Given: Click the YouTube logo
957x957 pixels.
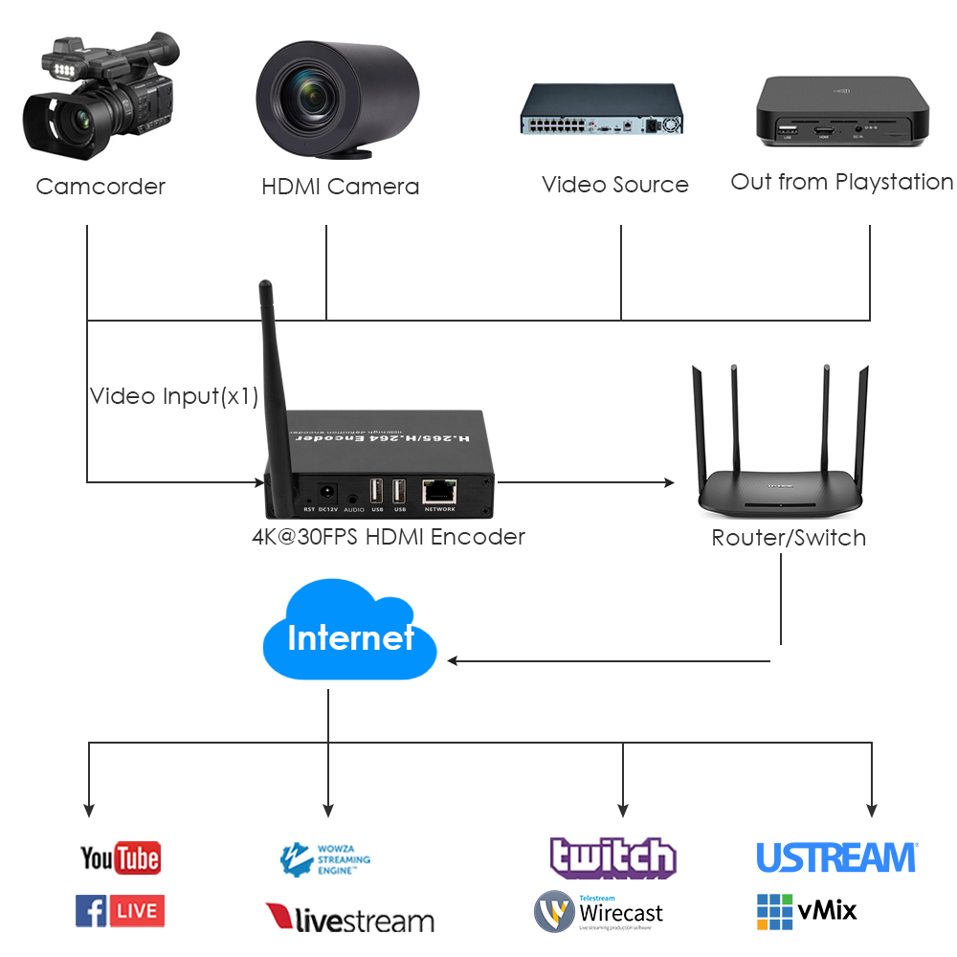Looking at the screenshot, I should coord(120,857).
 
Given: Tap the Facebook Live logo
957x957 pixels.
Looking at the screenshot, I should coord(120,910).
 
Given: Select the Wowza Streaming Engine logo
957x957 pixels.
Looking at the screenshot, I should coord(324,858).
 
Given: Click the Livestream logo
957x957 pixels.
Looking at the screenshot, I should coord(349,919).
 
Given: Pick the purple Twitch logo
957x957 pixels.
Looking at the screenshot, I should coord(612,857).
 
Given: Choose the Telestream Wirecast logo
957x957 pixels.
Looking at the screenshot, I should coord(598,912).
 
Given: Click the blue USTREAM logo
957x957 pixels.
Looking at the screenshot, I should coord(836,857).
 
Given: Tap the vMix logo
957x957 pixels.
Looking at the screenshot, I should coord(807,911).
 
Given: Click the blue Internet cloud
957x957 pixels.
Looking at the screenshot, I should coord(349,636).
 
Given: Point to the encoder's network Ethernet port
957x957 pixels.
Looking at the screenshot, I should coord(439,491).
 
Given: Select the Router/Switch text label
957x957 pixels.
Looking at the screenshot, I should coord(789,538).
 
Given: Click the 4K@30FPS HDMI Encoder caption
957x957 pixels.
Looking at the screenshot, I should coord(388,537).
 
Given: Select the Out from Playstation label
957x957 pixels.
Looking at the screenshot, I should coord(841,182).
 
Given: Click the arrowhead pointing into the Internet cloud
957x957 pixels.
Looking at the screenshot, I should coord(453,660).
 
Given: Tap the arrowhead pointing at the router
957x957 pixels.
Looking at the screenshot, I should coord(669,482).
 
